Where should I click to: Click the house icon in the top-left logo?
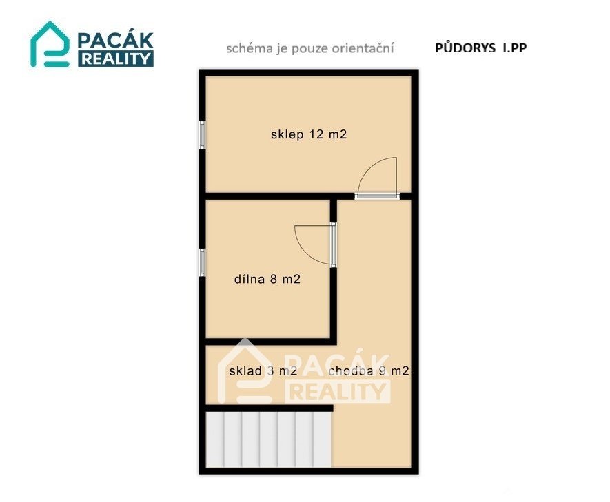50,44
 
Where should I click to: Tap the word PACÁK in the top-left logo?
116,40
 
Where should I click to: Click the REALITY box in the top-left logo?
116,59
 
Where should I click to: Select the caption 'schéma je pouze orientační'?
310,48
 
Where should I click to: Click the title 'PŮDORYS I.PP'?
481,48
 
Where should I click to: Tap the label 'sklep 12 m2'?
309,134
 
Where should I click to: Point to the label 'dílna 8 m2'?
267,279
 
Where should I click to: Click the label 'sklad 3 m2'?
263,371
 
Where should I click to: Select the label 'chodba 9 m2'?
369,371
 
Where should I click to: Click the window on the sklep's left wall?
202,134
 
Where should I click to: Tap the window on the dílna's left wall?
202,262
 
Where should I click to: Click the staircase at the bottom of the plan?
268,439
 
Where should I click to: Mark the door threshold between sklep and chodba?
377,196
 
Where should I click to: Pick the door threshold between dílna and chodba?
333,244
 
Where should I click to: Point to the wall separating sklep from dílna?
267,196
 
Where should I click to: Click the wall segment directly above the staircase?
269,408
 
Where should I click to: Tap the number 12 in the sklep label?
316,134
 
